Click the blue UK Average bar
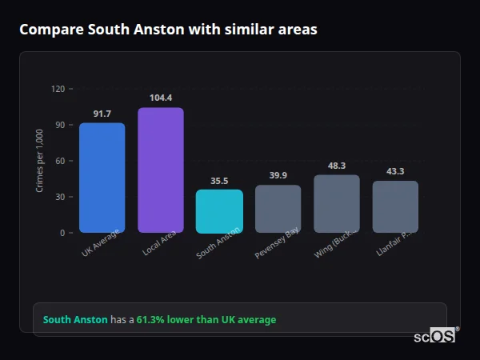[102, 178]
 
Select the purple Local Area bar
[160, 170]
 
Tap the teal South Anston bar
[219, 210]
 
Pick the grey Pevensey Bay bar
[278, 209]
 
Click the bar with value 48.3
[337, 203]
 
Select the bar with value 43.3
[395, 206]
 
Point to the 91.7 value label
[102, 114]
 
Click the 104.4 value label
[161, 98]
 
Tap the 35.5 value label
[219, 181]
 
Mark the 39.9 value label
[278, 176]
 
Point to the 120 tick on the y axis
[58, 89]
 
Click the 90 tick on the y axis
[59, 125]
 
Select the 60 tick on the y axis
[59, 161]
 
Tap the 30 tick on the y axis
[59, 197]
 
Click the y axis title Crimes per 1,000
[40, 161]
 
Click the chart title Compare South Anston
[168, 30]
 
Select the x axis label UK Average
[101, 243]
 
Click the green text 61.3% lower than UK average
[206, 320]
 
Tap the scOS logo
[434, 336]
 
